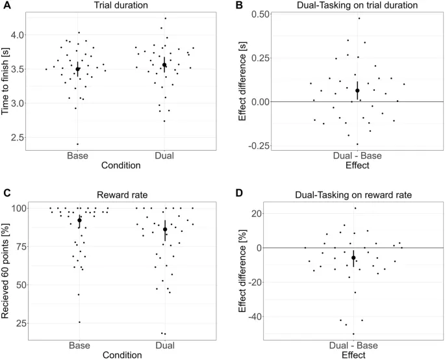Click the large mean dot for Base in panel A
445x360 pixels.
pos(78,69)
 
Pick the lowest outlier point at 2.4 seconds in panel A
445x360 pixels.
pos(78,144)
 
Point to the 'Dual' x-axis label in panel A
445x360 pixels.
pos(164,156)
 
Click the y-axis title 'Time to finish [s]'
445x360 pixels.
pos(6,76)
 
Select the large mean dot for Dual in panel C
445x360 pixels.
pos(164,229)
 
